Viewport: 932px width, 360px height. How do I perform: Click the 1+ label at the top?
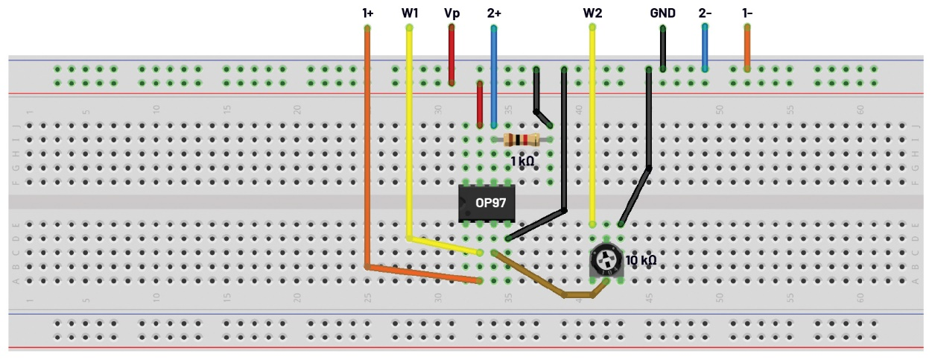[x=367, y=13]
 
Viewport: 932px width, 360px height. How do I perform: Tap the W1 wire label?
[x=410, y=13]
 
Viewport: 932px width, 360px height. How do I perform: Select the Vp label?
[x=451, y=13]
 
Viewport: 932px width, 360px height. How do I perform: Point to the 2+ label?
[x=494, y=13]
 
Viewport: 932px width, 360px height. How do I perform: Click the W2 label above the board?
[x=592, y=13]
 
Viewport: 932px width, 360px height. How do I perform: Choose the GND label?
[x=662, y=13]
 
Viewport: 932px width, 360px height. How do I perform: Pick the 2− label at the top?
[x=705, y=13]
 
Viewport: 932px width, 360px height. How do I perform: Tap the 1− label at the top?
[x=746, y=13]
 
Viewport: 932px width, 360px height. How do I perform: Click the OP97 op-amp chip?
[x=486, y=202]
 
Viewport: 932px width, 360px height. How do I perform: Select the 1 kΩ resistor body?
[x=522, y=139]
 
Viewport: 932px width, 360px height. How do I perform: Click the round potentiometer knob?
[x=606, y=260]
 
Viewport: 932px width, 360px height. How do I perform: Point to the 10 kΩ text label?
[x=641, y=261]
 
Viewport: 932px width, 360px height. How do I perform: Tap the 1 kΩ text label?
[x=522, y=161]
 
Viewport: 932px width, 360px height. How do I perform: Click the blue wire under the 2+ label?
[x=494, y=75]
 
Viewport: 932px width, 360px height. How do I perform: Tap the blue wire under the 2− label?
[x=705, y=47]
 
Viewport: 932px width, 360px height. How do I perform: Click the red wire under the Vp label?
[x=451, y=56]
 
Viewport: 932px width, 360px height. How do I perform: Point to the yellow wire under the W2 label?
[x=592, y=127]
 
